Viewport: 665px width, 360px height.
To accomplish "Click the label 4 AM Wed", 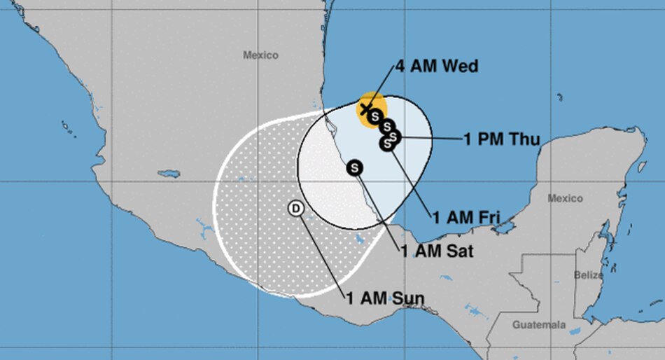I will tap(436, 67).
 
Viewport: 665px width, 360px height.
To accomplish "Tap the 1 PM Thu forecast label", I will tap(501, 139).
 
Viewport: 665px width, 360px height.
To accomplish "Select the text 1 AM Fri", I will tap(466, 218).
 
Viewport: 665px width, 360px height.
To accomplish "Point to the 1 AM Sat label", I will tap(437, 251).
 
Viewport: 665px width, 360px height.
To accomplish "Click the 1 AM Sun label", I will tap(386, 298).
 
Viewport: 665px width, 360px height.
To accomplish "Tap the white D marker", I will tap(296, 208).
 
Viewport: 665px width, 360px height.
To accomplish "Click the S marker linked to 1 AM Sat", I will tap(355, 167).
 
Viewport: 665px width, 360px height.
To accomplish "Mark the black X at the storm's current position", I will tap(365, 109).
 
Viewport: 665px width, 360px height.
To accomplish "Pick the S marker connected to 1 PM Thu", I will tap(393, 135).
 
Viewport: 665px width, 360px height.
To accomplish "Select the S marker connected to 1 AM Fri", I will tap(386, 144).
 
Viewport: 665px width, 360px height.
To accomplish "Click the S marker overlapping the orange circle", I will tap(375, 115).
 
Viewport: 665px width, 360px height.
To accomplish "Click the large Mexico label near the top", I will tap(260, 55).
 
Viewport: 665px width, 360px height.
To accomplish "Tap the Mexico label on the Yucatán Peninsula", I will tap(565, 198).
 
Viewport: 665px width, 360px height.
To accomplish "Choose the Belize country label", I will tap(588, 275).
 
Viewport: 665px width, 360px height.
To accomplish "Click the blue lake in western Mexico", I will tap(169, 173).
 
